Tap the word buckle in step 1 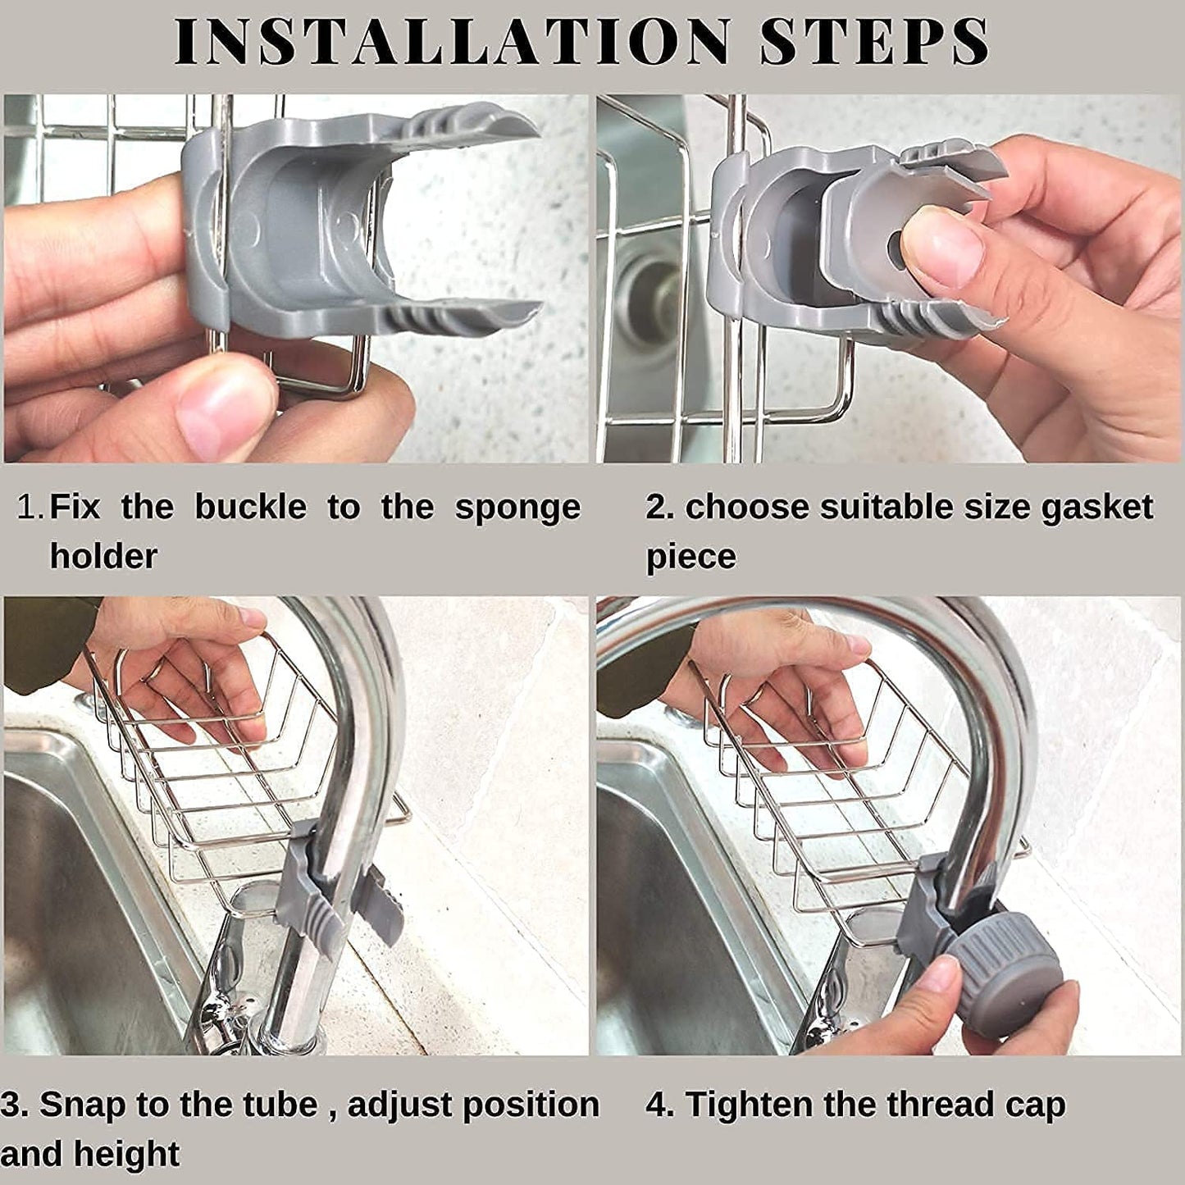click(x=250, y=508)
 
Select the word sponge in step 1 click(x=517, y=508)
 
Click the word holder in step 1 click(x=103, y=557)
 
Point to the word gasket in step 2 click(x=1096, y=508)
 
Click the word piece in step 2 click(x=690, y=557)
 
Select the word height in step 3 click(x=125, y=1155)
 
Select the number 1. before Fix click(x=30, y=508)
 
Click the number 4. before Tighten click(x=659, y=1105)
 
